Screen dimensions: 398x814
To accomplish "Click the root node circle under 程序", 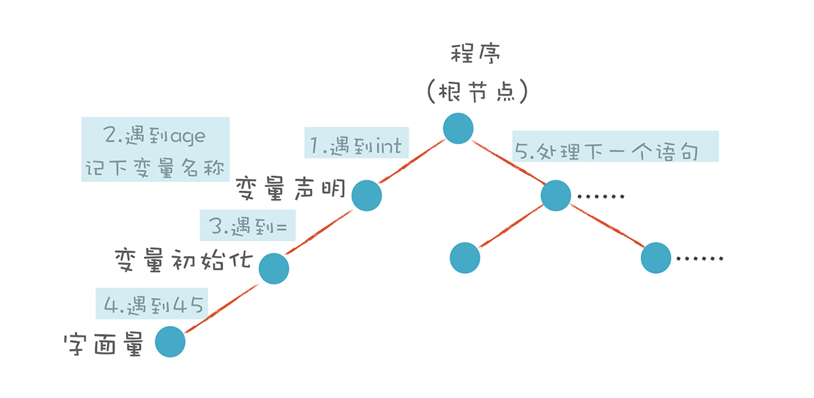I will click(x=458, y=128).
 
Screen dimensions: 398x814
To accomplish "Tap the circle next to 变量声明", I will click(x=367, y=195).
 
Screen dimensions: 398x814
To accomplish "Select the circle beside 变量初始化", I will click(x=274, y=268).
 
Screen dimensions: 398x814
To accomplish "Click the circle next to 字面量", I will click(x=170, y=342).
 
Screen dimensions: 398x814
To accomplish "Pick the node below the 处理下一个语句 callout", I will click(x=556, y=195).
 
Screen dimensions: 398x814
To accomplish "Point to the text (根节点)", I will click(x=477, y=91).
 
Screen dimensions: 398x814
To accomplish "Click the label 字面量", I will click(x=104, y=345).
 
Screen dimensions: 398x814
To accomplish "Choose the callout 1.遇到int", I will click(x=356, y=146).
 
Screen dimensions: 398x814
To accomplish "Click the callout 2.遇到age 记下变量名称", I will click(x=155, y=149).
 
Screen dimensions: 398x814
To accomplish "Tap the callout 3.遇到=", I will click(x=248, y=228).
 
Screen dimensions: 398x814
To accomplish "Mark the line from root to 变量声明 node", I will click(x=413, y=162).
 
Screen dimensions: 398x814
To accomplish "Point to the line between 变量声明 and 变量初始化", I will click(x=321, y=231).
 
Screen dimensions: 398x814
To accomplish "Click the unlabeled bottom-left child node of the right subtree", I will click(x=465, y=257).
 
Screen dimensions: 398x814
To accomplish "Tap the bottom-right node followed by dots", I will click(x=656, y=257).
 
